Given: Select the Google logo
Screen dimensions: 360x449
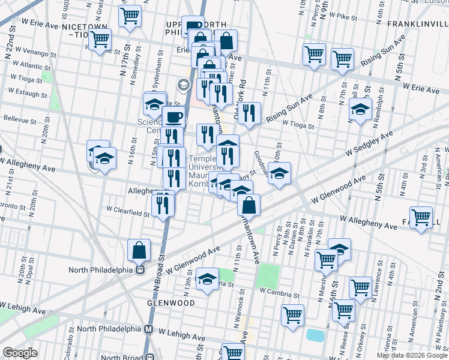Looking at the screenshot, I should point(20,352).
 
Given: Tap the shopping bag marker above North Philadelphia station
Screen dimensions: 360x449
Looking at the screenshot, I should point(139,250).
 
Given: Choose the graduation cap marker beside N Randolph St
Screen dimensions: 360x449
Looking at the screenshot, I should point(360,110).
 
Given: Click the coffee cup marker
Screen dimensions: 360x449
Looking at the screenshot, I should point(174,117).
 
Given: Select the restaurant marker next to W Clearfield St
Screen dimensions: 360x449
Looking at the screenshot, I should point(163,204).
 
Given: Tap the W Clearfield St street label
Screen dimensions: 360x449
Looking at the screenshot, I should point(127,211).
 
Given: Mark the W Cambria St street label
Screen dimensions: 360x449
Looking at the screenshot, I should point(279,295).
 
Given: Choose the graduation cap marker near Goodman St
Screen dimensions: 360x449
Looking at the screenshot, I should point(279,174).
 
